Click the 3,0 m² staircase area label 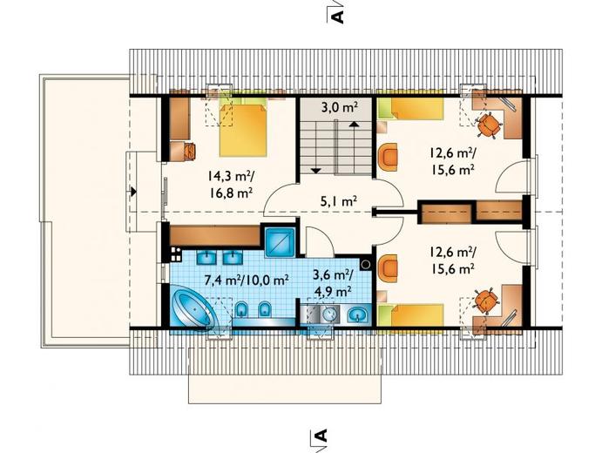coord(341,108)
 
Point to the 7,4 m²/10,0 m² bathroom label coord(247,280)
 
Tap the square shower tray coord(280,243)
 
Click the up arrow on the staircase coord(354,124)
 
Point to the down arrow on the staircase coord(316,170)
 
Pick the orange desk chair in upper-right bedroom coord(489,125)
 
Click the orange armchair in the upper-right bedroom coord(389,156)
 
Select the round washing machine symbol coord(328,314)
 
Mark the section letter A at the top coord(336,17)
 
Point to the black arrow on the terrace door coord(134,191)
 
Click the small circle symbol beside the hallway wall coord(366,264)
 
